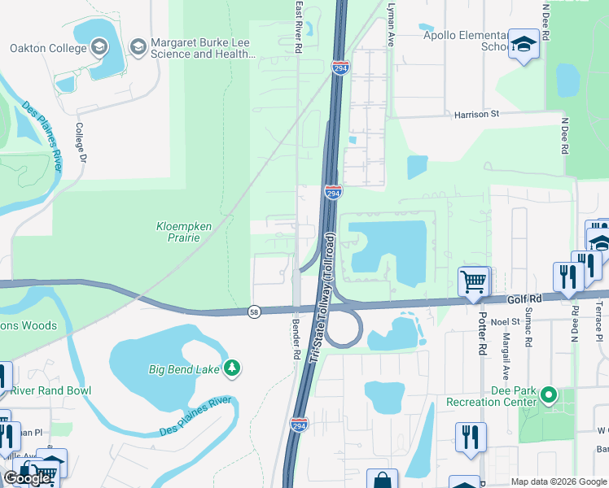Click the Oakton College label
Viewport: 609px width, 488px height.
click(47, 48)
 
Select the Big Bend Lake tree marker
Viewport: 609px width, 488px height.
click(232, 368)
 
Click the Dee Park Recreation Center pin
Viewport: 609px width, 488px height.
click(549, 396)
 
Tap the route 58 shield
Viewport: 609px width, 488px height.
click(254, 312)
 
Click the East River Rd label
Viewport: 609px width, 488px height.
click(299, 27)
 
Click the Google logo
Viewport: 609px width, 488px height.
click(28, 478)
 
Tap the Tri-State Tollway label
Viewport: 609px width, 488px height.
click(321, 297)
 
